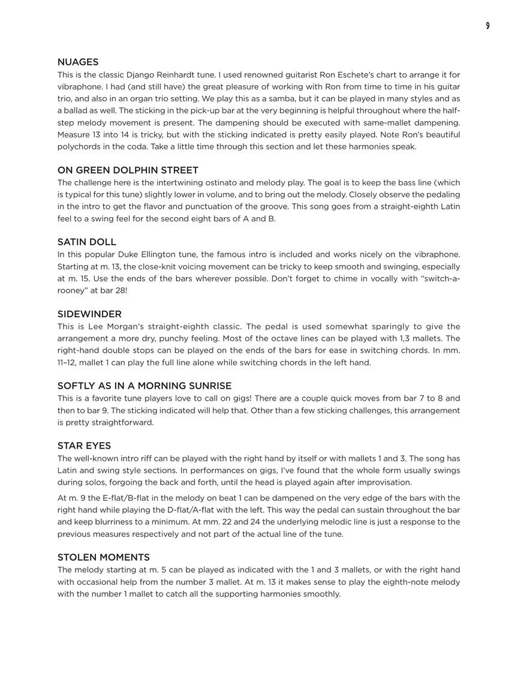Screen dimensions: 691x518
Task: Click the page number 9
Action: click(x=487, y=26)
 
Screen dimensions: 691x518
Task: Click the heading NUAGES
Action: click(x=78, y=62)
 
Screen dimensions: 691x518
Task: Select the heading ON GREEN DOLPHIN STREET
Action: click(x=128, y=170)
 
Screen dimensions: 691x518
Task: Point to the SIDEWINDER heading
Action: click(x=89, y=314)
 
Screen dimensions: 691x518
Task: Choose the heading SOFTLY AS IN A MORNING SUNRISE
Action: click(x=144, y=386)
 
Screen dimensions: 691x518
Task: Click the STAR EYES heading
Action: click(x=84, y=446)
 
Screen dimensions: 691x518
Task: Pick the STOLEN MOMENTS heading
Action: click(x=104, y=557)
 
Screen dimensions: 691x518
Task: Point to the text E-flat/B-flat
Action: click(x=125, y=498)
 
